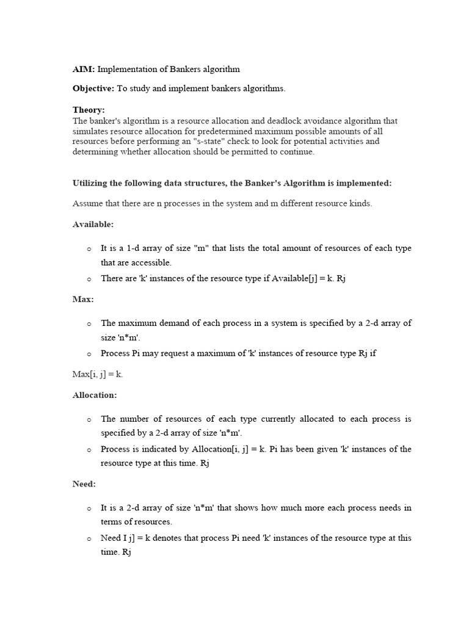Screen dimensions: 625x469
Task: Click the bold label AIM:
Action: [x=83, y=70]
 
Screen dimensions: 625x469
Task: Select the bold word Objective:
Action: [x=93, y=89]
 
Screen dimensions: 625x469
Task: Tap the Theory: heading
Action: [x=89, y=110]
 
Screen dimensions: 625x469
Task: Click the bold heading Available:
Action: [x=93, y=224]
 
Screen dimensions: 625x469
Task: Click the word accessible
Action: [x=153, y=262]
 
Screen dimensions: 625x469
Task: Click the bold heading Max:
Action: [x=83, y=300]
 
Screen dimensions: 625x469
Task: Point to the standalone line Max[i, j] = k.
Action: [x=98, y=374]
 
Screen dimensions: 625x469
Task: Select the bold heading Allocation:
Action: [x=95, y=395]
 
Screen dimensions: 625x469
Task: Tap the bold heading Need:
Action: [x=84, y=483]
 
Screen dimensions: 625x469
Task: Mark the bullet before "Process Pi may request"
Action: [x=89, y=354]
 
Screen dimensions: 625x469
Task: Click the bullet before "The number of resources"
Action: [x=89, y=420]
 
